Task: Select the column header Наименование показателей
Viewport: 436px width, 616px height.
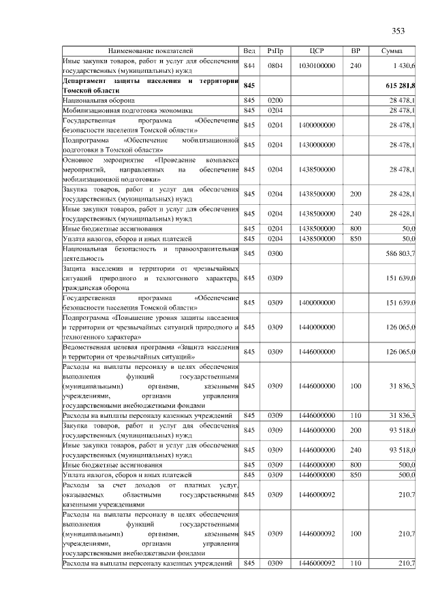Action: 151,51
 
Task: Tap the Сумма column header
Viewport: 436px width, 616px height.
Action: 392,51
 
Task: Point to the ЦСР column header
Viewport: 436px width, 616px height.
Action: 316,51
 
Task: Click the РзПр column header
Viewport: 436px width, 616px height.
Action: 276,51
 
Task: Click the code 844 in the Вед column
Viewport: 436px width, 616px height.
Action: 249,65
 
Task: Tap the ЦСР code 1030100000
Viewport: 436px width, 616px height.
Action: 316,65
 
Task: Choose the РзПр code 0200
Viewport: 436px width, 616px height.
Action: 275,100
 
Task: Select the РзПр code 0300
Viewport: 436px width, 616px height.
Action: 275,253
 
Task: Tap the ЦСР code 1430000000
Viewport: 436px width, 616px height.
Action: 316,145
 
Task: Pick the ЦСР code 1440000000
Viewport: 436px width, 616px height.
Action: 316,327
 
